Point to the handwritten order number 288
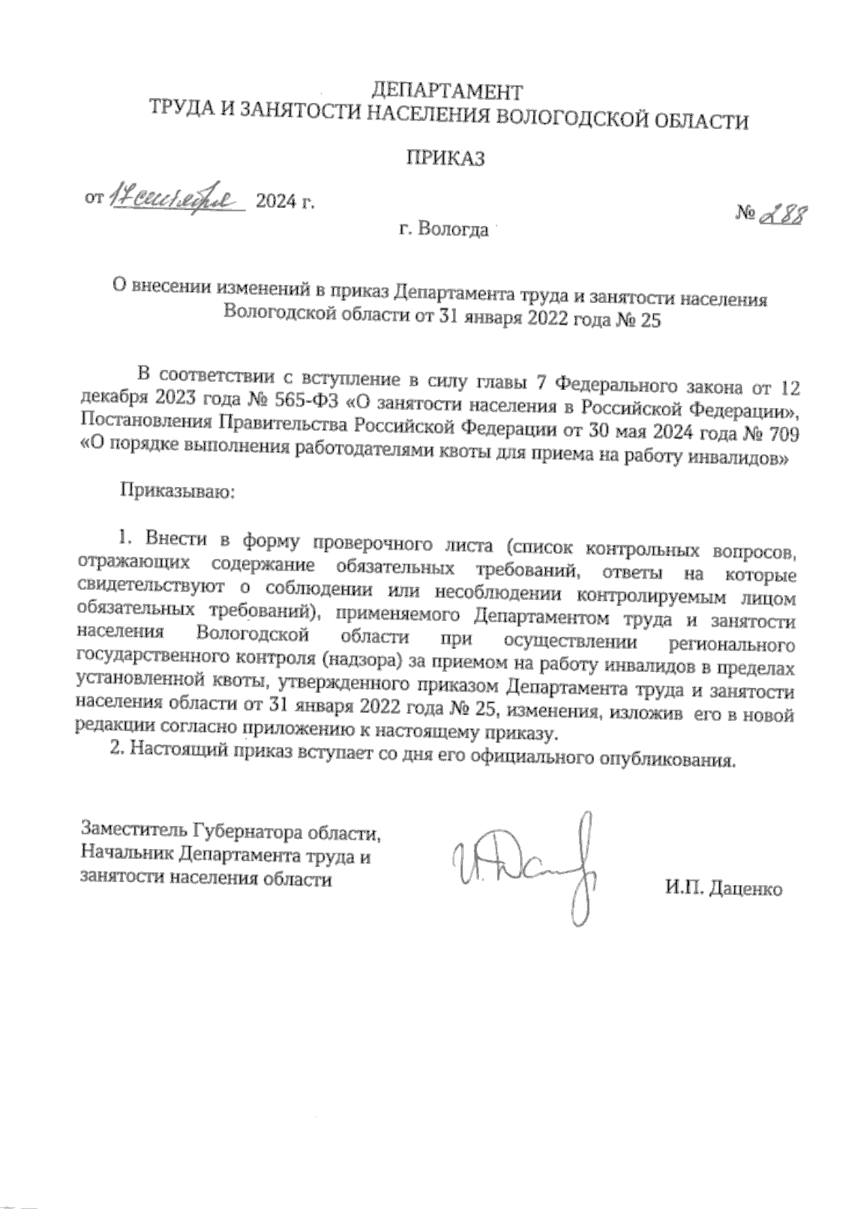pyautogui.click(x=782, y=214)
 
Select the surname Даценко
pyautogui.click(x=746, y=889)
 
